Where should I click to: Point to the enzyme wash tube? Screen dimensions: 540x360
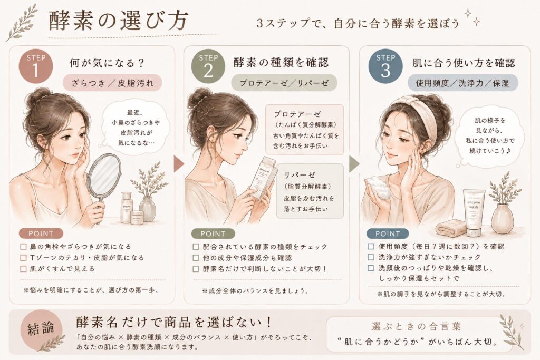(x=474, y=213)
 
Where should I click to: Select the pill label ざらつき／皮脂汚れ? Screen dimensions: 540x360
(x=112, y=83)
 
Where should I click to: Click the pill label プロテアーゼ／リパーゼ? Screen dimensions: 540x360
(x=284, y=83)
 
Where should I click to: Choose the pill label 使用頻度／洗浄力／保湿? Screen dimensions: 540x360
(x=462, y=83)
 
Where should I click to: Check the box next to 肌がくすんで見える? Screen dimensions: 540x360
(x=23, y=269)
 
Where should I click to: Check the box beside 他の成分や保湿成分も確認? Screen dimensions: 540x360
(x=196, y=258)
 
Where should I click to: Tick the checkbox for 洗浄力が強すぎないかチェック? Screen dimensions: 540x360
(x=371, y=257)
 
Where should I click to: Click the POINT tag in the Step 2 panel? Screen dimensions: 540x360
(x=213, y=233)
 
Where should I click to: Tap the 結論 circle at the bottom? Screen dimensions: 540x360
(x=41, y=329)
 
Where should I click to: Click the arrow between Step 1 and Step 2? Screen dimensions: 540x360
(x=179, y=164)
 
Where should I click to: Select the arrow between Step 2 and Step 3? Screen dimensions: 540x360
(x=354, y=164)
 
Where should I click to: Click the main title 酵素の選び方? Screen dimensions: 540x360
(x=119, y=21)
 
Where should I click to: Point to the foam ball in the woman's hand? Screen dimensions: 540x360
(x=379, y=188)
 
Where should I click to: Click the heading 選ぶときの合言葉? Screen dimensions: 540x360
(x=416, y=326)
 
